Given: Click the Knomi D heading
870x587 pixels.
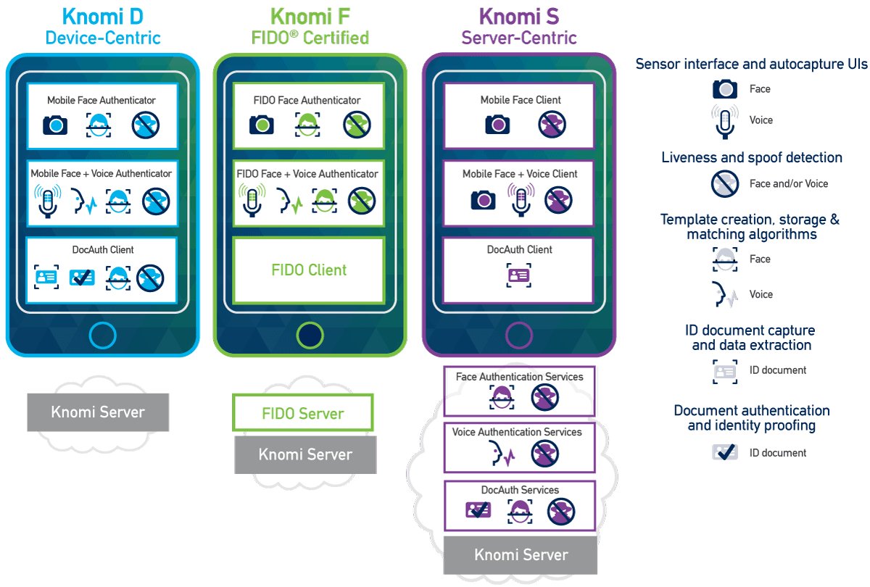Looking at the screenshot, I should pos(102,16).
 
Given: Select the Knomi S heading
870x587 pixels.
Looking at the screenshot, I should pos(518,16).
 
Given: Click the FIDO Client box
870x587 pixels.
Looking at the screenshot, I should pos(309,270).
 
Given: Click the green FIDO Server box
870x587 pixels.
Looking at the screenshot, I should pos(302,413).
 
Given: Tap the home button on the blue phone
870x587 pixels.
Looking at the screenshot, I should pos(102,336).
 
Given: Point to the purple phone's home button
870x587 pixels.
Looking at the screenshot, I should pos(519,336).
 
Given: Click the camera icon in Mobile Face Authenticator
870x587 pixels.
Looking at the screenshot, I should pos(55,125).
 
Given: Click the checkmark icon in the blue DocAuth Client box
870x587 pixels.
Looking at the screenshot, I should pos(81,277).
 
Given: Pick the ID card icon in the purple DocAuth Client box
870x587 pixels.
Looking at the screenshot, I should pos(519,275).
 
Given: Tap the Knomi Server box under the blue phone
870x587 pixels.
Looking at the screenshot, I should pos(98,412).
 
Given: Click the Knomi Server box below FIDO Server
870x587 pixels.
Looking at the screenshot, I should pos(305,454).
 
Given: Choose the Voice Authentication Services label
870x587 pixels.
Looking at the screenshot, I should pos(517,432).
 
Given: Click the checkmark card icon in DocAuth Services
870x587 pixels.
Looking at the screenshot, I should pos(478,510).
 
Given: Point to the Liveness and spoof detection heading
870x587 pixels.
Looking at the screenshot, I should pos(752,157).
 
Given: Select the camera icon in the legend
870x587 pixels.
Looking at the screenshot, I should pos(724,89).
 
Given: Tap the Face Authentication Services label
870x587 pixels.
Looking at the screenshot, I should pos(519,377).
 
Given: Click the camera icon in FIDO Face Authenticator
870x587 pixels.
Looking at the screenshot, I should pos(262,125).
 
